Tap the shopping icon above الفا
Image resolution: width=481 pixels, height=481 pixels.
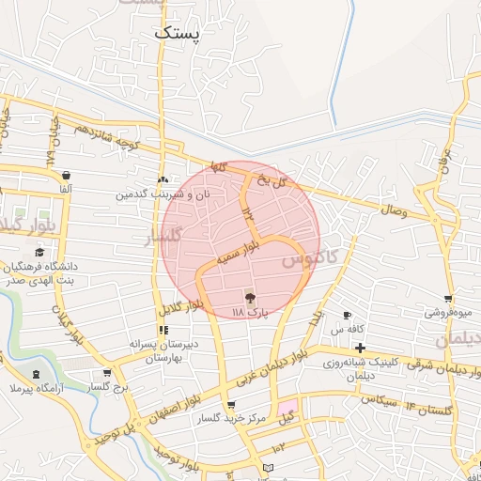pyautogui.click(x=66, y=176)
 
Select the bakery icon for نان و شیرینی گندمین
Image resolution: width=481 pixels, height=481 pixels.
pyautogui.click(x=163, y=178)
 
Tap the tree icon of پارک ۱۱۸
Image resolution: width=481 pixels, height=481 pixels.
pyautogui.click(x=250, y=297)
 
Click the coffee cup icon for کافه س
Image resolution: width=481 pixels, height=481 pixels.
pyautogui.click(x=347, y=315)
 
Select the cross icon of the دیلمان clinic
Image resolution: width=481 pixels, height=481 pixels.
pyautogui.click(x=360, y=348)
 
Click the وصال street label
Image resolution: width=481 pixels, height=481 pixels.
pyautogui.click(x=394, y=211)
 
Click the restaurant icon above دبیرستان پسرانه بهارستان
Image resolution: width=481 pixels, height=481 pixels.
pyautogui.click(x=163, y=330)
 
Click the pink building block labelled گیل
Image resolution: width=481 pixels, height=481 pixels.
pyautogui.click(x=286, y=413)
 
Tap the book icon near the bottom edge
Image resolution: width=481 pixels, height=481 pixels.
pyautogui.click(x=269, y=467)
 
